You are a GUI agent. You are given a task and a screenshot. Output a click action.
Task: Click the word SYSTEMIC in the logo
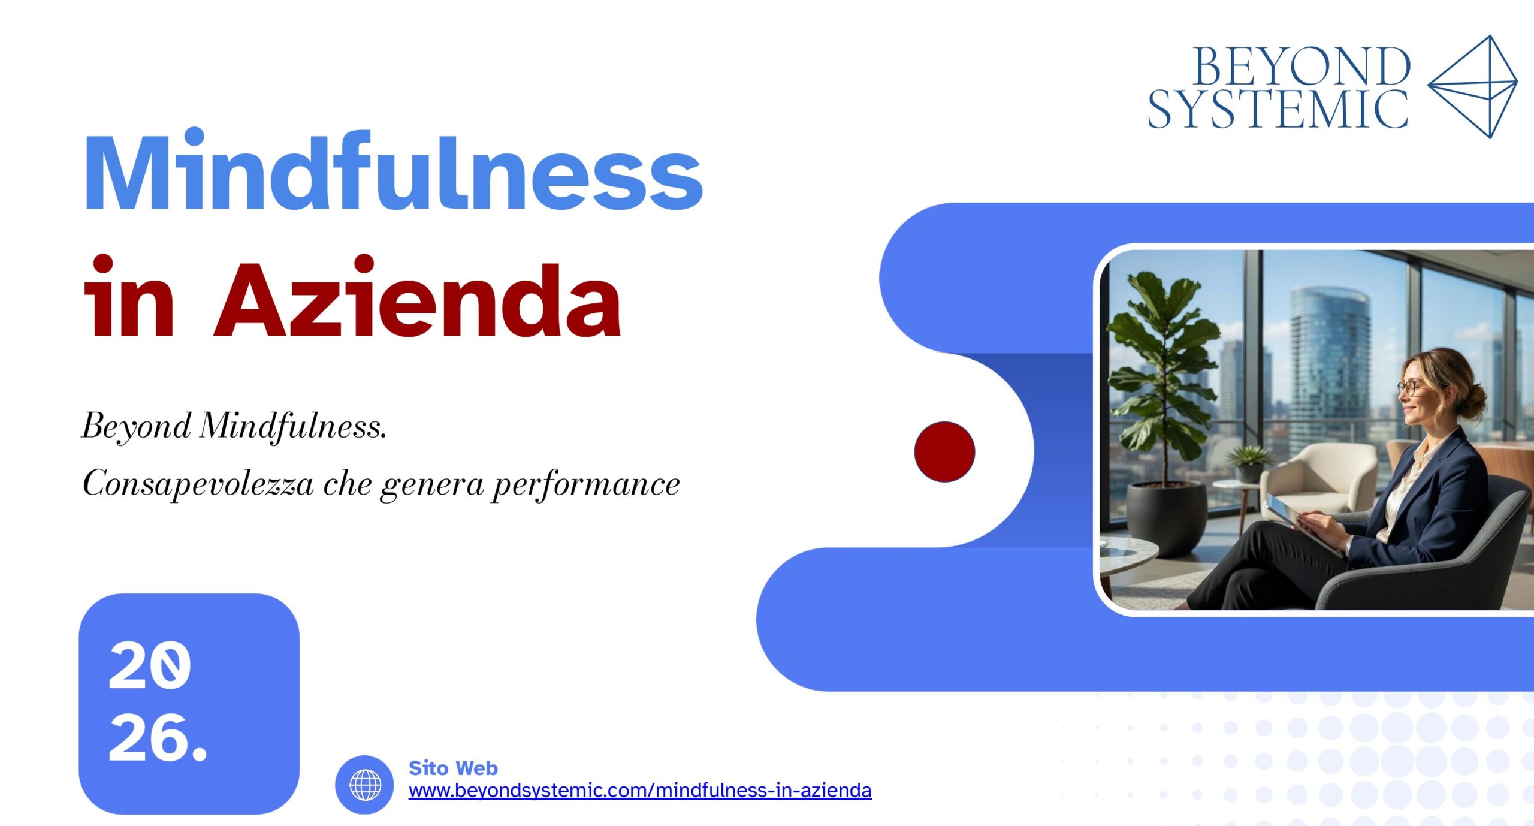pyautogui.click(x=1278, y=108)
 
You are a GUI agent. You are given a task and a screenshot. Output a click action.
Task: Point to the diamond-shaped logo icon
pyautogui.click(x=1473, y=86)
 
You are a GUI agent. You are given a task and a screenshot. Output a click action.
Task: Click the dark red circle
pyautogui.click(x=944, y=451)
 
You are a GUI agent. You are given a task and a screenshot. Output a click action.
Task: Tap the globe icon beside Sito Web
pyautogui.click(x=364, y=784)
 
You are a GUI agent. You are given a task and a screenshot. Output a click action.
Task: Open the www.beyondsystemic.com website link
pyautogui.click(x=640, y=790)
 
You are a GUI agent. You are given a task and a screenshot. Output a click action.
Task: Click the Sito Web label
pyautogui.click(x=453, y=768)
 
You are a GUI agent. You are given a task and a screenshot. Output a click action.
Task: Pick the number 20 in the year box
pyautogui.click(x=150, y=665)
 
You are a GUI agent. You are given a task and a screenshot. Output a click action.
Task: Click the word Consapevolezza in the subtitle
pyautogui.click(x=198, y=483)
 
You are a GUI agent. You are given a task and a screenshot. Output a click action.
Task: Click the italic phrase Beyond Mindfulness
pyautogui.click(x=234, y=427)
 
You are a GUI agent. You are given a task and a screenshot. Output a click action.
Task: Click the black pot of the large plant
pyautogui.click(x=1167, y=518)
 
